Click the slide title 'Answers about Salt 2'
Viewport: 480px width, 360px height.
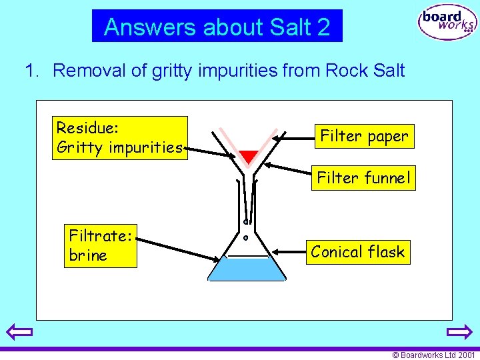coord(217,27)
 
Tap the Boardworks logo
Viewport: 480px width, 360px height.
coord(447,24)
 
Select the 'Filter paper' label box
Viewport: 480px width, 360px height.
coord(364,136)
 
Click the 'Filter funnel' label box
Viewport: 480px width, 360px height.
coord(363,178)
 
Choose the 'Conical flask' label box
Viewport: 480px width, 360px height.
coord(358,252)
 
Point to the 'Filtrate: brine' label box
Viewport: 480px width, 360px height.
coord(100,245)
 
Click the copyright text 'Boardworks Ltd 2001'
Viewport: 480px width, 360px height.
coord(434,355)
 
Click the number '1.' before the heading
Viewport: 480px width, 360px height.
coord(33,70)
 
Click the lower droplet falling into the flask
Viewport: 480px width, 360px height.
coord(245,237)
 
